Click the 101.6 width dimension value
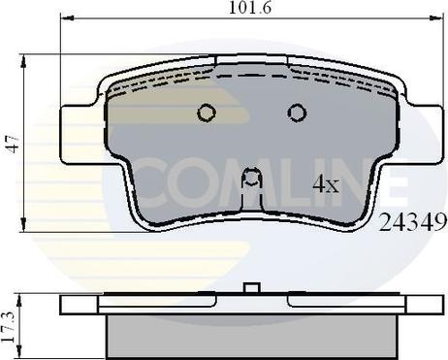pyautogui.click(x=250, y=8)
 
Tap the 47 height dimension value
pyautogui.click(x=14, y=145)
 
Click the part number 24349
pyautogui.click(x=413, y=222)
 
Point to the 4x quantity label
pyautogui.click(x=326, y=184)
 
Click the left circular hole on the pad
pyautogui.click(x=207, y=113)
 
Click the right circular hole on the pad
pyautogui.click(x=297, y=113)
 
